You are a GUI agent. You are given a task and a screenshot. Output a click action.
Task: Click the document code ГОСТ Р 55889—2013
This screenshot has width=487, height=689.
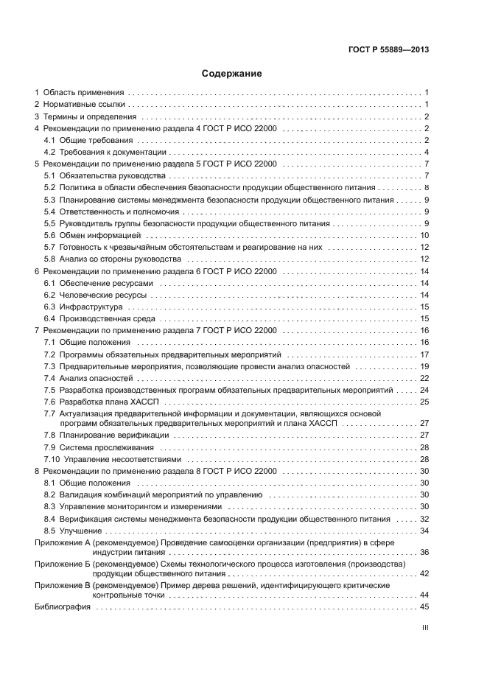tap(388, 49)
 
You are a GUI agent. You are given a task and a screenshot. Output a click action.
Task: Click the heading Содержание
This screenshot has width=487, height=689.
tap(232, 74)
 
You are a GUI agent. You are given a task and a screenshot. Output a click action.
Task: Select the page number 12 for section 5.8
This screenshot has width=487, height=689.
tap(424, 259)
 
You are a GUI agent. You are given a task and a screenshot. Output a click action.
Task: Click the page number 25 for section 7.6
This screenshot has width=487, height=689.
tap(424, 402)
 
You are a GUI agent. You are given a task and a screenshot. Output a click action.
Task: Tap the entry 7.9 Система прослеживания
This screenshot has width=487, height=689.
tap(99, 447)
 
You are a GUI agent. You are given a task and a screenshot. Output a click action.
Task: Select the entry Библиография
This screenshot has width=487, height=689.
tap(63, 607)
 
